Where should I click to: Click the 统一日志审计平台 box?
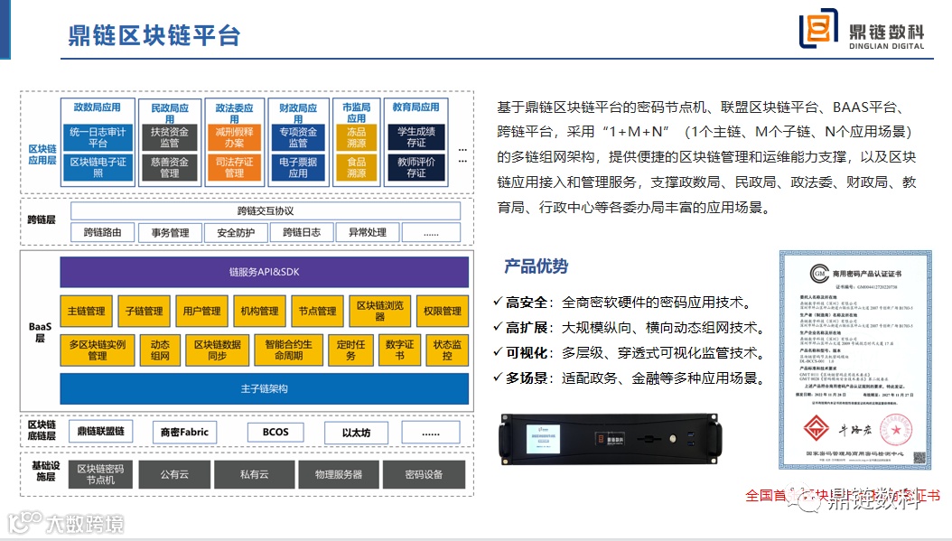98,136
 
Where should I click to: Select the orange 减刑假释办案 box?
234,136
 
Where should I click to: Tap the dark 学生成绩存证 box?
416,136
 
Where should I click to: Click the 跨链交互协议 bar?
266,211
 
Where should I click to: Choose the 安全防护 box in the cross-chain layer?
235,232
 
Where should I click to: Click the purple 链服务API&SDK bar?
264,272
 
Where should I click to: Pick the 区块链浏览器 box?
379,311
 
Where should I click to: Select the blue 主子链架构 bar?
264,388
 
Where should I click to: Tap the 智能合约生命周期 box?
289,350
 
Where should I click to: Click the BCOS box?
275,432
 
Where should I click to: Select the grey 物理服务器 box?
339,474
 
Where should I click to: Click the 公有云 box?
174,474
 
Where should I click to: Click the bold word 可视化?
527,353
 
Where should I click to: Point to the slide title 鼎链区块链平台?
154,35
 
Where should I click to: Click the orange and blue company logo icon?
818,31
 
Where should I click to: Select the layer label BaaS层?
40,331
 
